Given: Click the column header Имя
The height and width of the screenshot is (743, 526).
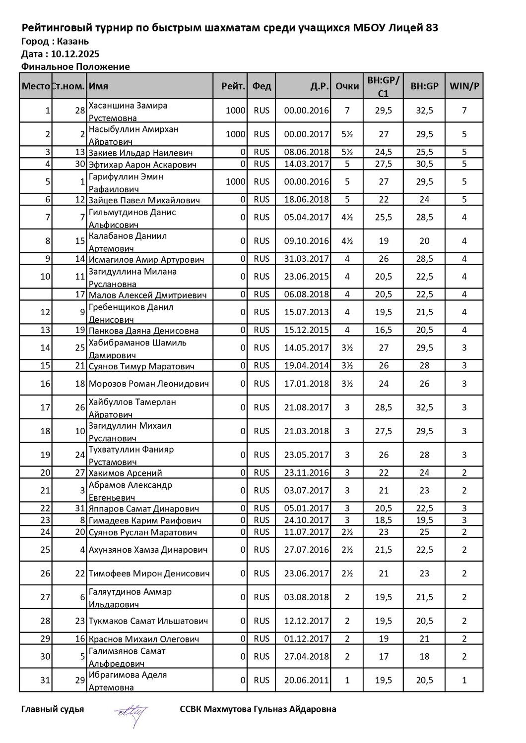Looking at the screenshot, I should (x=98, y=86).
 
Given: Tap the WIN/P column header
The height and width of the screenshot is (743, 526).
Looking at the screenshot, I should (x=464, y=86).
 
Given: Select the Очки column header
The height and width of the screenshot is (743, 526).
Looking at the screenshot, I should (x=347, y=86).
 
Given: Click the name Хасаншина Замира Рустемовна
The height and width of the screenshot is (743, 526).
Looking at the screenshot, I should (x=128, y=112).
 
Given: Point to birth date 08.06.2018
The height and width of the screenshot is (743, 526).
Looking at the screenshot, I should (x=306, y=152).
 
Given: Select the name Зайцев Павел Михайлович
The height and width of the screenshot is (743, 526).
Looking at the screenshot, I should (x=144, y=200).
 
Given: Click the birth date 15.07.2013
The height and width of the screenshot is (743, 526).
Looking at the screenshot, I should (x=306, y=312).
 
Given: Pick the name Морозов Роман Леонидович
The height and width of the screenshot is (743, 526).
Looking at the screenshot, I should (x=148, y=384).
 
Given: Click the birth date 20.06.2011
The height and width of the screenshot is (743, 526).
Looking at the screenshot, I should (x=306, y=681).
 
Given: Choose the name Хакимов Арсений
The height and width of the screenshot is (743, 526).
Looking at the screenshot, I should (x=125, y=473).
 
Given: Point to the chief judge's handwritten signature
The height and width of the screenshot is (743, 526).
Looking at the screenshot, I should (x=131, y=712).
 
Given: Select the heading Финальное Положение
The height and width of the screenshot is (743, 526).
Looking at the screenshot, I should (x=75, y=67).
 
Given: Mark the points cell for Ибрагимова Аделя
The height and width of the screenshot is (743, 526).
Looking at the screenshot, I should (x=347, y=681).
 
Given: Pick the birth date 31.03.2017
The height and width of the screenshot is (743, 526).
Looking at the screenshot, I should (x=306, y=259).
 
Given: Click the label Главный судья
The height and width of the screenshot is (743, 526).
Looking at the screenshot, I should (x=53, y=709).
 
